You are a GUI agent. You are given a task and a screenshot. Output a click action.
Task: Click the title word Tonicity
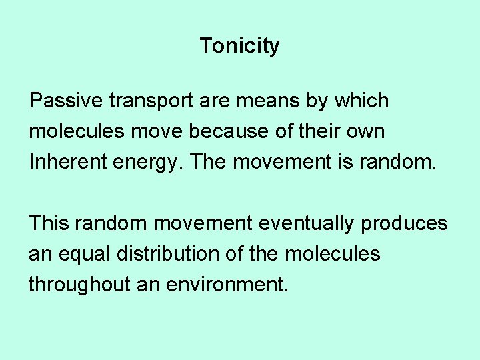point(239,46)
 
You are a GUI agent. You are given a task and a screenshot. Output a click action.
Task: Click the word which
point(361,101)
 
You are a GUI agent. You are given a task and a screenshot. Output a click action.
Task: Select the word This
point(49,223)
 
